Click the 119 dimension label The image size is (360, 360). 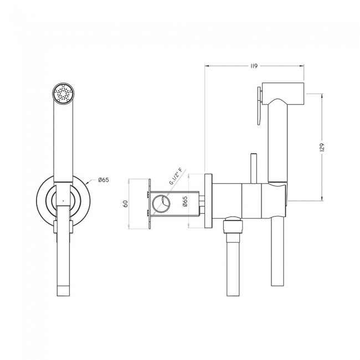click(254, 66)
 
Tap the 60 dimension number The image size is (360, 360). click(125, 204)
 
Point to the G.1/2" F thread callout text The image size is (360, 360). click(176, 177)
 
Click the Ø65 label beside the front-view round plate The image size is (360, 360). click(104, 180)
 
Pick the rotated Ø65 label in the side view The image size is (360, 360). click(186, 201)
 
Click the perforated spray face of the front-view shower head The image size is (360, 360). click(63, 94)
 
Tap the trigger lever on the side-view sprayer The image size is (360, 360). click(260, 106)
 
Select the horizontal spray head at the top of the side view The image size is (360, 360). click(283, 93)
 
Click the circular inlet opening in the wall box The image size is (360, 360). click(161, 204)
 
